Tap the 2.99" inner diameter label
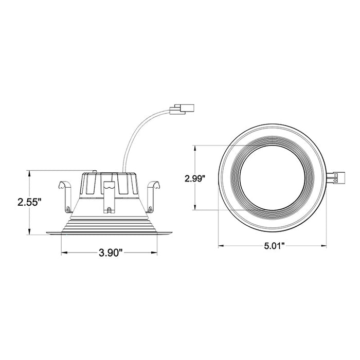coord(196,178)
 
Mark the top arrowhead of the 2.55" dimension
coord(30,173)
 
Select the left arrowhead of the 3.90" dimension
coord(64,253)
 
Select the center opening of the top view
coord(272,178)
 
